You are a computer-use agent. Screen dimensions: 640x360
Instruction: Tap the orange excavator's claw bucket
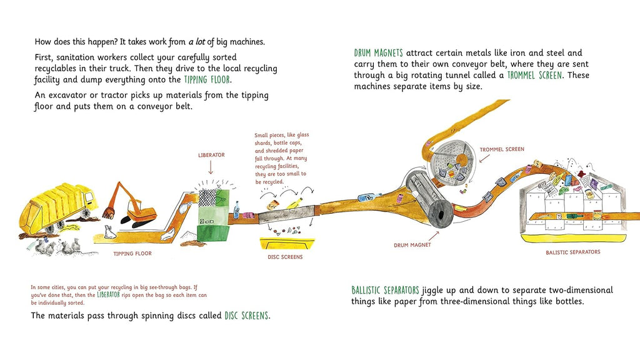(109, 212)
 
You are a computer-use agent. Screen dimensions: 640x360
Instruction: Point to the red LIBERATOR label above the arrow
(211, 155)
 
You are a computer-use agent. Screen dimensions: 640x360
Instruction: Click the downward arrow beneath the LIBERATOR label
(211, 167)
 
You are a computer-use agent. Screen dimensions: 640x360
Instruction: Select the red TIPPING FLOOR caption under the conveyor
(132, 254)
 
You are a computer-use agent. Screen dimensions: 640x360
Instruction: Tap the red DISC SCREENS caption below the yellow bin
(285, 257)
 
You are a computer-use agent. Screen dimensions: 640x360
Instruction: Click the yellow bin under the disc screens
(287, 243)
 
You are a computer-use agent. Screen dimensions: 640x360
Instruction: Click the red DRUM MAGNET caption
(412, 245)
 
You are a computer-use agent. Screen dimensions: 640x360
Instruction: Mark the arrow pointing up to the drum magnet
(434, 236)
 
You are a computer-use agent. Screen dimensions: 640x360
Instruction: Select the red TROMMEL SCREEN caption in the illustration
(502, 149)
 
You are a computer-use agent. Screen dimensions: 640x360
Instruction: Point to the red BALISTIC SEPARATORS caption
(572, 252)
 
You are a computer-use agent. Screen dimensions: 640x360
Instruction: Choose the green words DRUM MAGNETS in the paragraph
(378, 53)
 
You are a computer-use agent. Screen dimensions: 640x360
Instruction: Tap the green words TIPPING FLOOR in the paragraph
(207, 79)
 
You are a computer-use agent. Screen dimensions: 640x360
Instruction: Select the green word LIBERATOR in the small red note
(108, 295)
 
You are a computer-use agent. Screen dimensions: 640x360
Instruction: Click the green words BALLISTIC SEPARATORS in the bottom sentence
(385, 290)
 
